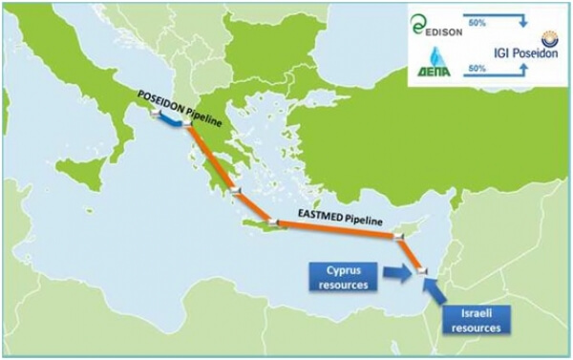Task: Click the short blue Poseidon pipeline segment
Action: tap(171, 120)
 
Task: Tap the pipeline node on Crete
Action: tap(271, 223)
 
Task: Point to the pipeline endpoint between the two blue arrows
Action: tap(421, 277)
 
